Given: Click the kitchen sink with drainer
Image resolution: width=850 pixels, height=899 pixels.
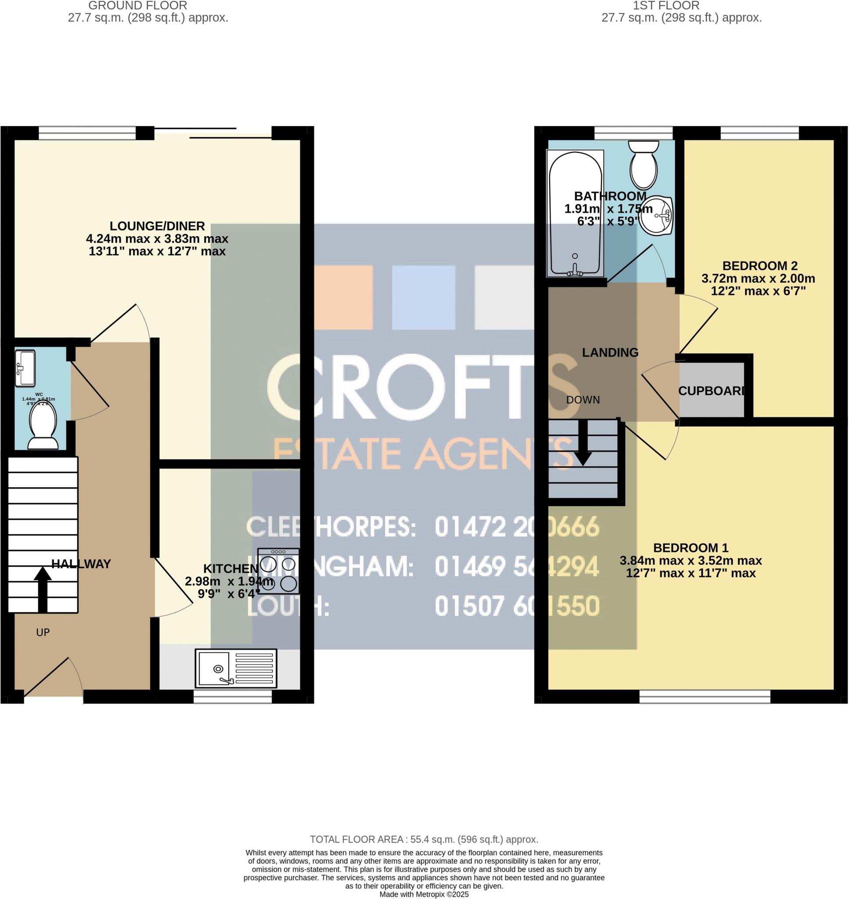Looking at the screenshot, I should (x=236, y=669).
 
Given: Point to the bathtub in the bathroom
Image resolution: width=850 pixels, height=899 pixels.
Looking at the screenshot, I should (x=575, y=214).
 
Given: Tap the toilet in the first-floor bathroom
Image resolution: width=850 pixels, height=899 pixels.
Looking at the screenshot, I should (x=643, y=164).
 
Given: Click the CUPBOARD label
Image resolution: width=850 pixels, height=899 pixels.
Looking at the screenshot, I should (x=711, y=391).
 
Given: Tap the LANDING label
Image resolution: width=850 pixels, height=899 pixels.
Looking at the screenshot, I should (x=610, y=352).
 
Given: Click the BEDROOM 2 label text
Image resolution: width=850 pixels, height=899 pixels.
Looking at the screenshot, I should (x=753, y=266).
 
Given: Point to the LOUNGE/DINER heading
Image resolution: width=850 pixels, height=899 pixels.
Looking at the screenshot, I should (x=157, y=226).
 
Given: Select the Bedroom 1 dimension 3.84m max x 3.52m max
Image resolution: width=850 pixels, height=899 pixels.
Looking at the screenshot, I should (x=691, y=561).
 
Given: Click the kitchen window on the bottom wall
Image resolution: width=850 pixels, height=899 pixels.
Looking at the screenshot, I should (x=232, y=697).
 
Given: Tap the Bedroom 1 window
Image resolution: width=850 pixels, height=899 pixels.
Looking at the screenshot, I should (x=705, y=697).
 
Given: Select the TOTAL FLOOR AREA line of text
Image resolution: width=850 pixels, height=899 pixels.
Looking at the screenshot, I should (x=424, y=840).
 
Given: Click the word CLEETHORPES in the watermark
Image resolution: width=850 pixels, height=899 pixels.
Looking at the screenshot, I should (x=331, y=527).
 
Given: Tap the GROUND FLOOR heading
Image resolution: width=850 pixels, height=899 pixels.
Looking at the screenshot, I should (x=137, y=6).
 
